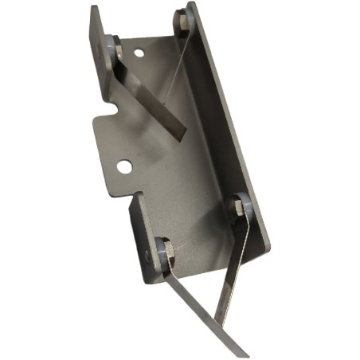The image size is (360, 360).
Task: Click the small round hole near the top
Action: (x=139, y=54)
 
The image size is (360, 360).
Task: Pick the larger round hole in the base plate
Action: (x=124, y=166)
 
